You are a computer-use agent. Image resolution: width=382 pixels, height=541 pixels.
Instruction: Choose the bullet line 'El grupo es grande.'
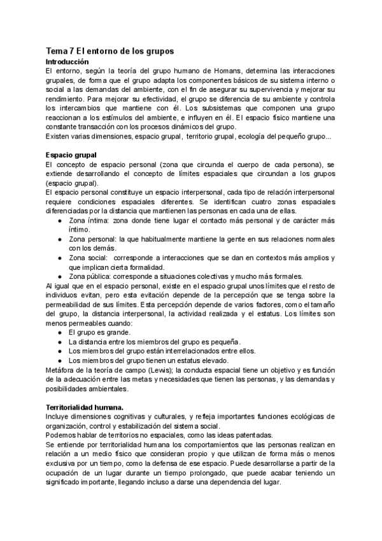click(99, 332)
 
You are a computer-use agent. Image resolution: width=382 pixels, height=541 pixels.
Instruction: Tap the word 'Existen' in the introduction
click(59, 136)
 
